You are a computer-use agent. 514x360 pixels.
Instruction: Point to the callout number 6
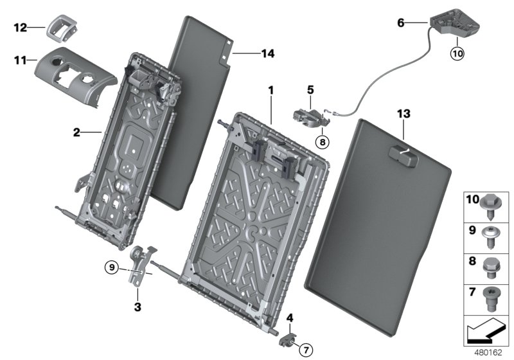402,22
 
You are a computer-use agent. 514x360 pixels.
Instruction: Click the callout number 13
403,114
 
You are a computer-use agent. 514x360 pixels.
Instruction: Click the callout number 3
137,307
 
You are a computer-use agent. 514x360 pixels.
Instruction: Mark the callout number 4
290,317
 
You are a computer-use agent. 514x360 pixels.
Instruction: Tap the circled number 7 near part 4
306,350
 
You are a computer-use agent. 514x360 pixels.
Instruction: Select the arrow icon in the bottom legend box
486,333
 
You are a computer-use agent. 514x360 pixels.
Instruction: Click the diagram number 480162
492,353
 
